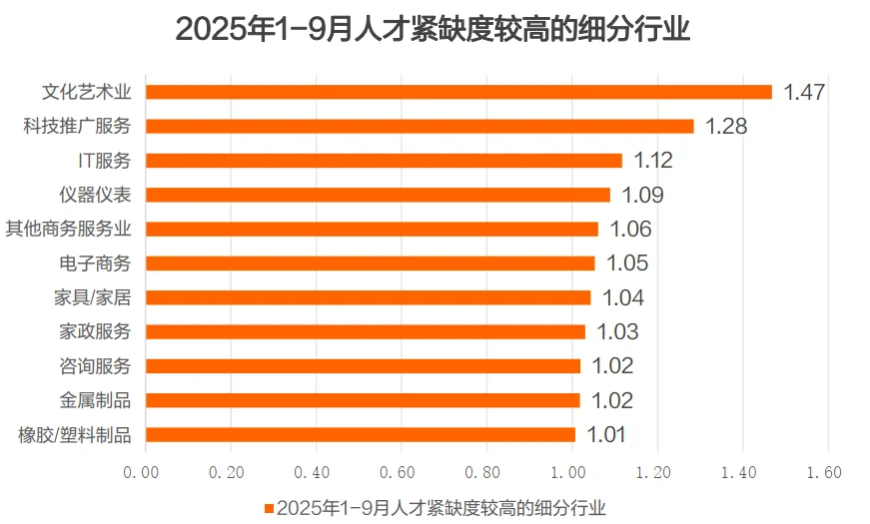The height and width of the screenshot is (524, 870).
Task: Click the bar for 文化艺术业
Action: tap(458, 92)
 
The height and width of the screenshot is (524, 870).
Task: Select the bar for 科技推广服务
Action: tap(420, 126)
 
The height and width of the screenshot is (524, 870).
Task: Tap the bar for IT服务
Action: tap(384, 160)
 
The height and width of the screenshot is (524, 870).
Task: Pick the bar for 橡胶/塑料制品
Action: tap(361, 434)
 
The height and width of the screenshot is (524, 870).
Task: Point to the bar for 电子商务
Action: tap(370, 262)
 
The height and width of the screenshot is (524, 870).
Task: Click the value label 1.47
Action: tap(804, 92)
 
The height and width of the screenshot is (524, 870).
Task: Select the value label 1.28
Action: tap(726, 126)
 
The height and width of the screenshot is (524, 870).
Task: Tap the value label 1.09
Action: tap(642, 195)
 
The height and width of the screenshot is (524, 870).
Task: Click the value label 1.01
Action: tap(607, 434)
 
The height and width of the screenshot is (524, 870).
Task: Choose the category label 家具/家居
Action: tap(96, 297)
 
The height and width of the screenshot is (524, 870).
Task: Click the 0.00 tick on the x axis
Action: tap(145, 471)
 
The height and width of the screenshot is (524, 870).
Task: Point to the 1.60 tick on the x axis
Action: tap(825, 471)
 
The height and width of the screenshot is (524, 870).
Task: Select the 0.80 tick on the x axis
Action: tap(485, 471)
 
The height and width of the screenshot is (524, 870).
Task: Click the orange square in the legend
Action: tap(269, 508)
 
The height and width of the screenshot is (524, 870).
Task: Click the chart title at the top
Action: tap(434, 29)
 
